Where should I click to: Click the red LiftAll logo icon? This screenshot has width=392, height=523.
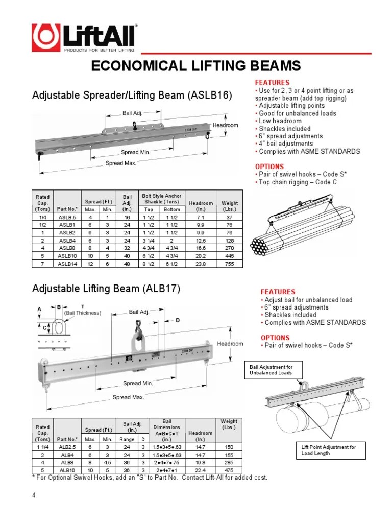click(x=46, y=37)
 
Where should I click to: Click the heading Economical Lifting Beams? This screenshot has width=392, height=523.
click(x=196, y=66)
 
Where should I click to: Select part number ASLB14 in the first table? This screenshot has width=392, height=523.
click(x=67, y=264)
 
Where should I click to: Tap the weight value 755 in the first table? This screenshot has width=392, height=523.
click(x=229, y=264)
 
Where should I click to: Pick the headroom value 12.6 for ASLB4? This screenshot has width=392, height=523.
click(x=201, y=241)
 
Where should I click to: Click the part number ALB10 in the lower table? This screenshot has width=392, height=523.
click(x=67, y=470)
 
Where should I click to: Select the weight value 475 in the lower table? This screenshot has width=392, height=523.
click(x=229, y=470)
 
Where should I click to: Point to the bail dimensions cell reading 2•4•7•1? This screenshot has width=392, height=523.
click(x=167, y=470)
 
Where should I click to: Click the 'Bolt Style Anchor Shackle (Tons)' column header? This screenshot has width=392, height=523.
click(x=162, y=199)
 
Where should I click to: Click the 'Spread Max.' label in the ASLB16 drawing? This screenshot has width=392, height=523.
click(x=120, y=163)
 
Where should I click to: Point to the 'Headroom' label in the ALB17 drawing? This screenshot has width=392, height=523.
click(x=230, y=344)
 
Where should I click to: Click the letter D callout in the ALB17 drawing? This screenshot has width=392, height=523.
click(x=178, y=320)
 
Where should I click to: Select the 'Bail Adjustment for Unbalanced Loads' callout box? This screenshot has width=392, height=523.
click(x=274, y=370)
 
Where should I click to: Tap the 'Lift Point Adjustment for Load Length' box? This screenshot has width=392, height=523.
click(x=331, y=450)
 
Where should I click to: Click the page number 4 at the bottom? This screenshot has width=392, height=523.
click(x=34, y=495)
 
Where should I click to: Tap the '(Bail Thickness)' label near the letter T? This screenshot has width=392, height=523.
click(x=83, y=313)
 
